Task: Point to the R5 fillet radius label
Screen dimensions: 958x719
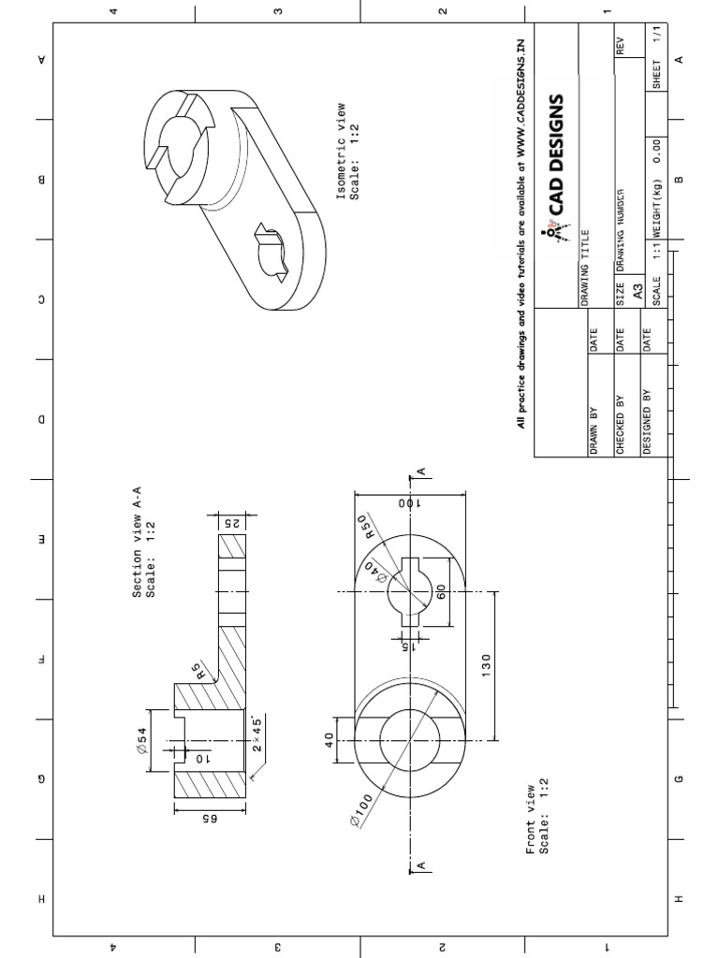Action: coord(195,670)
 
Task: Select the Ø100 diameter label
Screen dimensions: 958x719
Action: coord(362,807)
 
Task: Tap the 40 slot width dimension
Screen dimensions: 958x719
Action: coord(330,741)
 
